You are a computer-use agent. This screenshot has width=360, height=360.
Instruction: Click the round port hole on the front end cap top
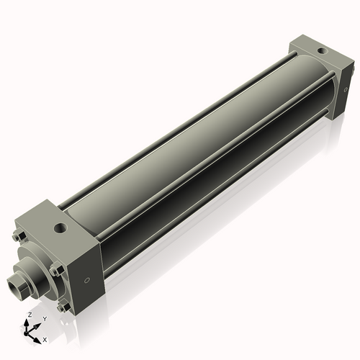61,228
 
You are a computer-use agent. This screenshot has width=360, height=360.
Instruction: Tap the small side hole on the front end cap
88,280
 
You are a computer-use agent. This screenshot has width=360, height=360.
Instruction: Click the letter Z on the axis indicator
30,315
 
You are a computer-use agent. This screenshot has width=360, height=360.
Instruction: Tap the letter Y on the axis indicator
45,318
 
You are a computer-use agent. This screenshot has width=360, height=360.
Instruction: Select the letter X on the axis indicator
45,338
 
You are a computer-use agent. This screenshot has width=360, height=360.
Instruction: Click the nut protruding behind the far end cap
352,66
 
